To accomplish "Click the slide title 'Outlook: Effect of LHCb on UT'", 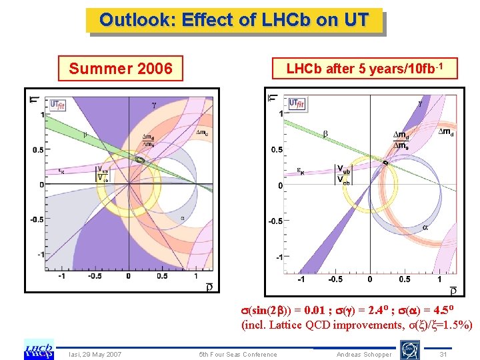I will [x=234, y=20].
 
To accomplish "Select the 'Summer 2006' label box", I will [x=121, y=68].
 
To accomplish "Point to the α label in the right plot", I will [x=425, y=227].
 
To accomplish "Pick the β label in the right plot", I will [x=325, y=134].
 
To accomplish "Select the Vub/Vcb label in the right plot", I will [x=341, y=175].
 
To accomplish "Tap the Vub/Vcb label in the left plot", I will [x=103, y=174].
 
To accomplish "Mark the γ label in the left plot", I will [x=154, y=105].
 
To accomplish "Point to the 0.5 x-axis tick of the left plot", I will [x=163, y=275].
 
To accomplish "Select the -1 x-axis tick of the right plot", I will [x=301, y=279].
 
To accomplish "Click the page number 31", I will [x=443, y=354].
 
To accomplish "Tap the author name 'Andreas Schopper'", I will [x=365, y=354].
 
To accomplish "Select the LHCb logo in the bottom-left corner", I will [x=39, y=349].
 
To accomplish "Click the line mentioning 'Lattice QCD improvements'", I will [x=357, y=325].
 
